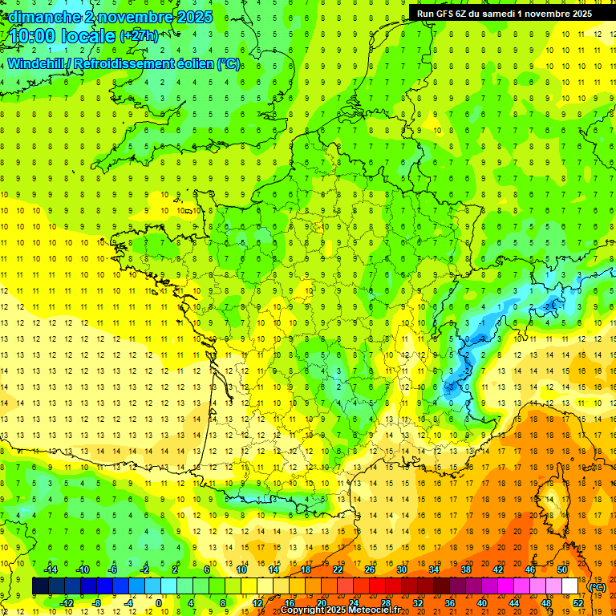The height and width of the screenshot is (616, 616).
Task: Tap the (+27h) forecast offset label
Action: click(x=139, y=36)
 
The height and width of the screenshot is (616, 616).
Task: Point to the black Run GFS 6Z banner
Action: click(x=505, y=13)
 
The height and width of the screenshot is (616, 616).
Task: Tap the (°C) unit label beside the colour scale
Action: click(x=597, y=586)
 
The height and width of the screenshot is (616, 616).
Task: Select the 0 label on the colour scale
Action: click(x=159, y=603)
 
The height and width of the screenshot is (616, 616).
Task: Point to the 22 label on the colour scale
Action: click(x=338, y=569)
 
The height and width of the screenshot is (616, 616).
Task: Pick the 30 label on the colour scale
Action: click(x=401, y=569)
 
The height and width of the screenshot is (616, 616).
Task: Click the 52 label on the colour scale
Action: click(x=577, y=603)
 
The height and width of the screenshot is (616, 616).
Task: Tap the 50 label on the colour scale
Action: click(x=562, y=569)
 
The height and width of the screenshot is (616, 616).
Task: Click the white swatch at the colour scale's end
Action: click(x=569, y=586)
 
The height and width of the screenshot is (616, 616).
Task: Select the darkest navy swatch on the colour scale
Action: click(x=40, y=586)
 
